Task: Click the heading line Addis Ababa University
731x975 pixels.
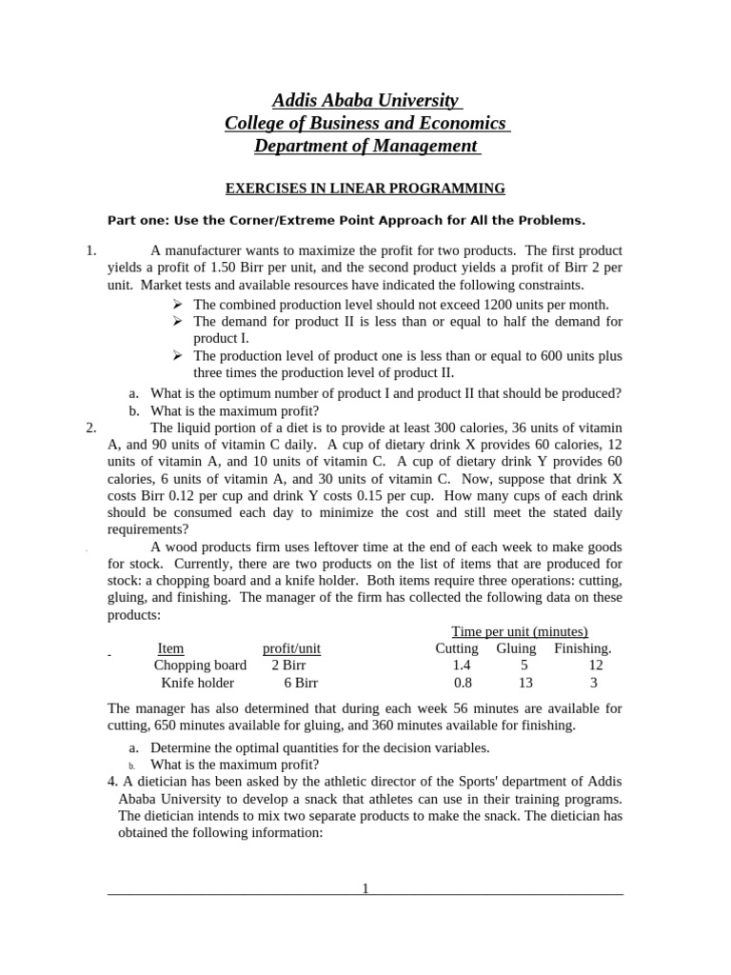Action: (366, 100)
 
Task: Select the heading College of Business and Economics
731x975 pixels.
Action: (366, 123)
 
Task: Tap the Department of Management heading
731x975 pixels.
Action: (366, 146)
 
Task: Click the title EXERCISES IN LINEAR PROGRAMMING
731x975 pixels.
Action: (365, 189)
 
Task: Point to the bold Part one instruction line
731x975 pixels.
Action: (346, 220)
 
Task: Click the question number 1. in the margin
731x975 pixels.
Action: (91, 250)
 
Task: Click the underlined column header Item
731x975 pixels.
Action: (170, 648)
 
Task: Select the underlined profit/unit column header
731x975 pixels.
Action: (291, 648)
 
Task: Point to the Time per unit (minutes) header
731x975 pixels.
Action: (519, 631)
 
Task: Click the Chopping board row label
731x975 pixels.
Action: (200, 666)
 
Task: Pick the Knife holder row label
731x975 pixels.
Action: (197, 683)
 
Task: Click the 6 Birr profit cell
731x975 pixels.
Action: (301, 683)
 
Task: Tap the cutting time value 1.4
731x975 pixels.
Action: (463, 666)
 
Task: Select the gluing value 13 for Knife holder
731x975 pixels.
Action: (524, 683)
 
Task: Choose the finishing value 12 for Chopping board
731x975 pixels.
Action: (596, 666)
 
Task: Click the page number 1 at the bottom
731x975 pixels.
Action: (365, 888)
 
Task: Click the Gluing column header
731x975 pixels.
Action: (516, 648)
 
